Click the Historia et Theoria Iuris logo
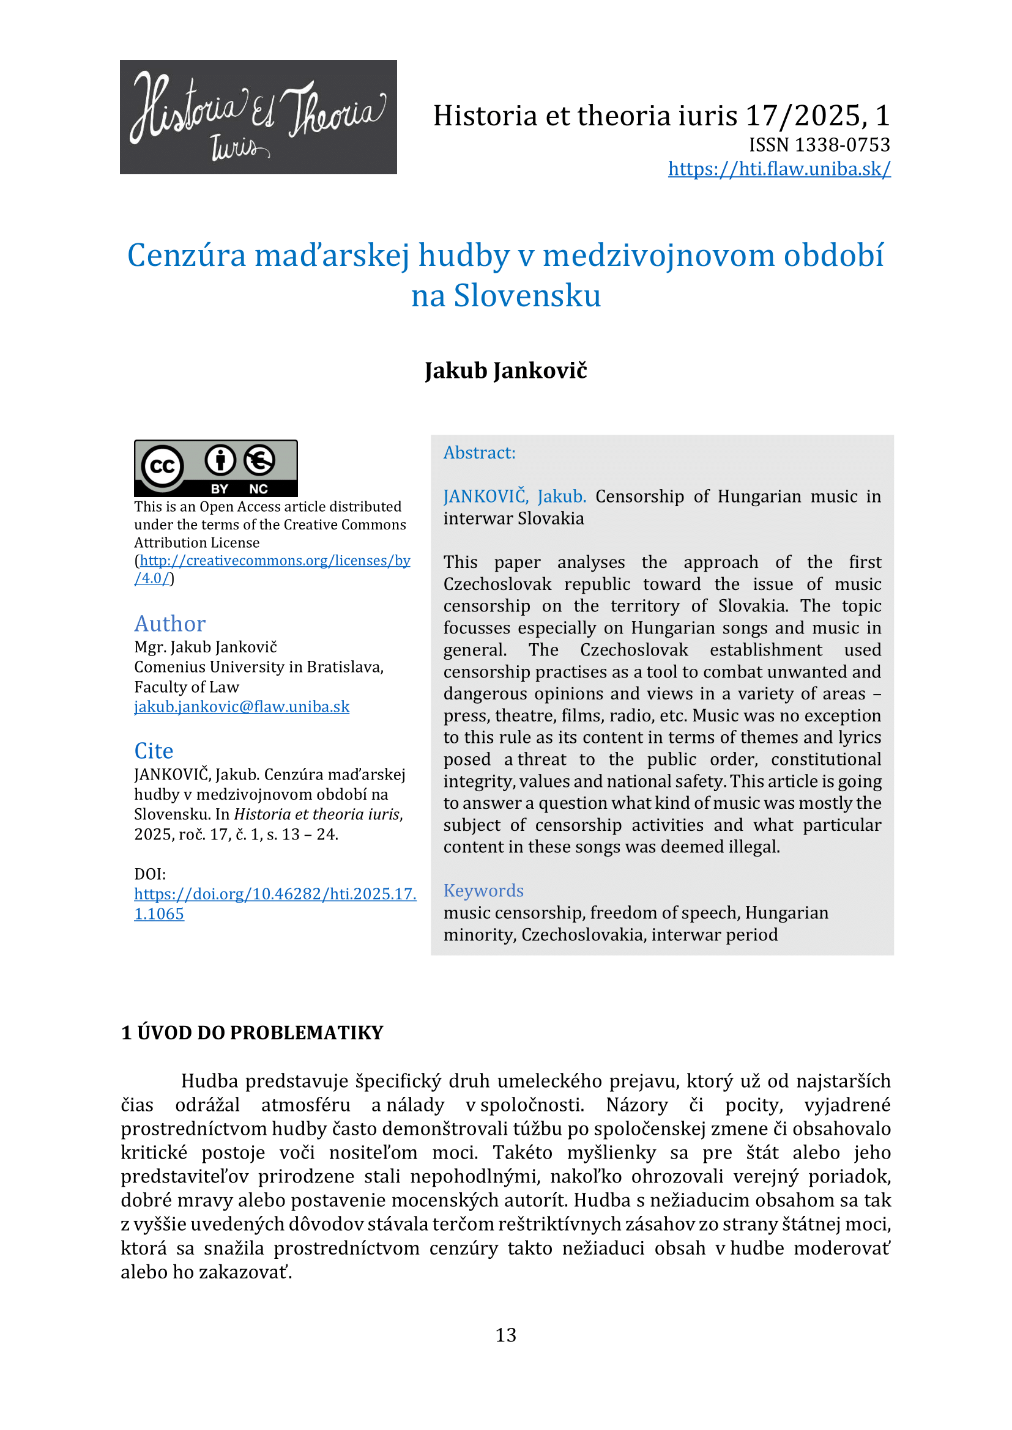pyautogui.click(x=258, y=117)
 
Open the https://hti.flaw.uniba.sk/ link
pyautogui.click(x=779, y=169)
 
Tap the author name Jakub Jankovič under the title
pyautogui.click(x=505, y=370)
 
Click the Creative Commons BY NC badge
pyautogui.click(x=215, y=468)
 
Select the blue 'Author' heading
pyautogui.click(x=169, y=624)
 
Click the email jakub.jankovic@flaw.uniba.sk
pyautogui.click(x=242, y=707)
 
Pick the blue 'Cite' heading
pyautogui.click(x=154, y=751)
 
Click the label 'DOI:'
pyautogui.click(x=149, y=874)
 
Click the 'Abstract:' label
pyautogui.click(x=479, y=453)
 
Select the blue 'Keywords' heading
pyautogui.click(x=483, y=891)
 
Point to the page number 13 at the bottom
pyautogui.click(x=505, y=1335)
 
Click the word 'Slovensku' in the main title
pyautogui.click(x=527, y=295)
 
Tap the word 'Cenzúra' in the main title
pyautogui.click(x=187, y=256)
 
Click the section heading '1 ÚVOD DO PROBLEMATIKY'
pyautogui.click(x=251, y=1033)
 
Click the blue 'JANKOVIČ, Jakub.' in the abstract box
pyautogui.click(x=514, y=496)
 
